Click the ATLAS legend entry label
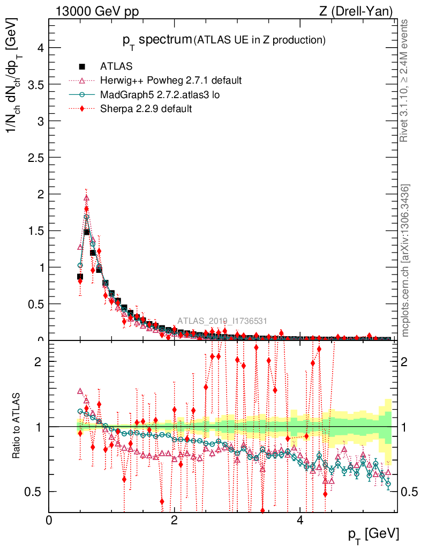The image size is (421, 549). (116, 66)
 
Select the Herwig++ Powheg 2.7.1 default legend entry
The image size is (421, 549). (171, 80)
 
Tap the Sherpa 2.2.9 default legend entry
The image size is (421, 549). (146, 108)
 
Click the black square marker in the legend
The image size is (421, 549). (82, 66)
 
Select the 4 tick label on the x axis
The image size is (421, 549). (300, 521)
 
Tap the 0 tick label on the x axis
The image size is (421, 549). (49, 521)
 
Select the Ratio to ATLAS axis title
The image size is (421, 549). (17, 426)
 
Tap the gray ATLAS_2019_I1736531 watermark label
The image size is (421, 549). (222, 321)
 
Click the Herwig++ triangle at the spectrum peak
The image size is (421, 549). (86, 198)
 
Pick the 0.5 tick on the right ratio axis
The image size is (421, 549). (409, 492)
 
